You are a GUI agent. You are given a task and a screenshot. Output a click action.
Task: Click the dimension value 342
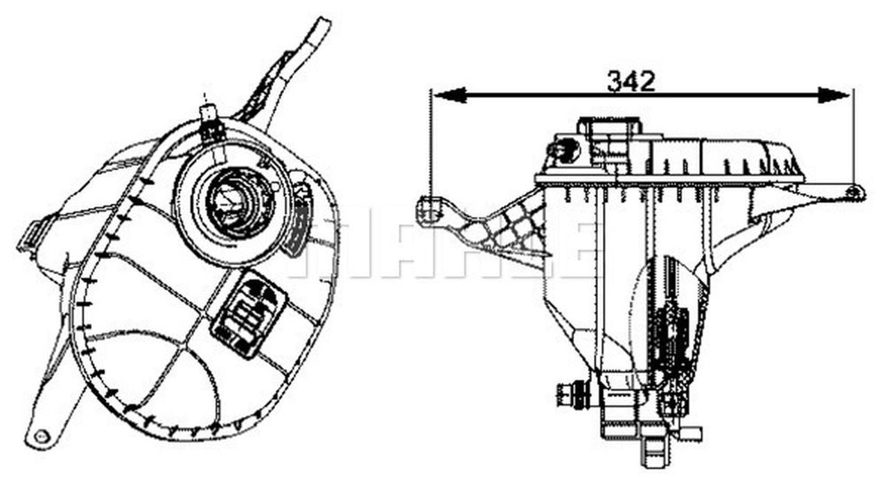631,81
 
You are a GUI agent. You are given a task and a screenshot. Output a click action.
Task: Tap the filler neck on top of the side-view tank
610,128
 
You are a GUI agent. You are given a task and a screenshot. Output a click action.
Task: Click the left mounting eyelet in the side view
430,211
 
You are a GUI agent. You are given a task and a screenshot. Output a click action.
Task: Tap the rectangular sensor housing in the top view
247,312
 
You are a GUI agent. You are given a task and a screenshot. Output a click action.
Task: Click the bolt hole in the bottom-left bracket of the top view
42,436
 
